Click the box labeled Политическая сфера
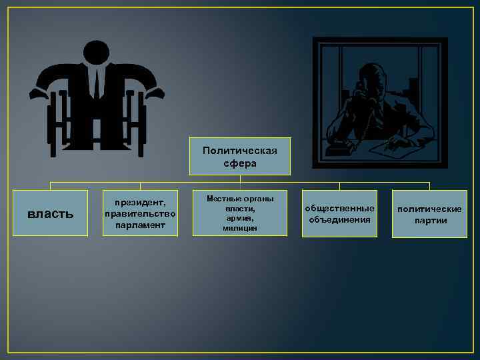pyautogui.click(x=240, y=157)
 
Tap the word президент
pyautogui.click(x=140, y=201)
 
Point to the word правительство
pyautogui.click(x=140, y=213)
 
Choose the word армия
pyautogui.click(x=240, y=218)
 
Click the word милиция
pyautogui.click(x=240, y=228)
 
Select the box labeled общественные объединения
pyautogui.click(x=339, y=213)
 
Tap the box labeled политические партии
pyautogui.click(x=429, y=213)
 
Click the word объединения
pyautogui.click(x=339, y=219)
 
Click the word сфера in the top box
pyautogui.click(x=240, y=163)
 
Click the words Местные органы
pyautogui.click(x=240, y=199)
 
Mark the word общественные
pyautogui.click(x=339, y=208)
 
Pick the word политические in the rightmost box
pyautogui.click(x=429, y=209)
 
